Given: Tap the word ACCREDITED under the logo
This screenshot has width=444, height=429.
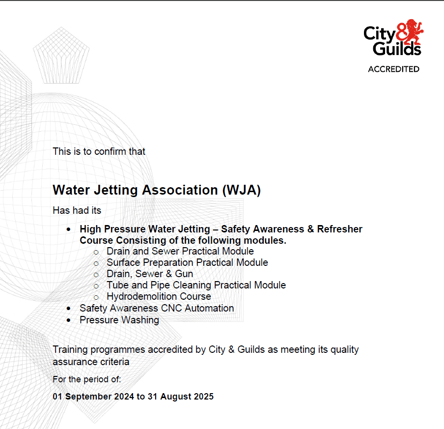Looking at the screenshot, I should [x=393, y=69].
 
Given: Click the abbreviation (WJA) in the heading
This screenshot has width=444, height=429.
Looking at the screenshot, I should [x=241, y=190].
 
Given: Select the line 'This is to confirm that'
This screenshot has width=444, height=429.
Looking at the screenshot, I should [x=99, y=151].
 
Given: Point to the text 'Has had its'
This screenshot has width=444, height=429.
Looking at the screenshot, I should [x=77, y=210].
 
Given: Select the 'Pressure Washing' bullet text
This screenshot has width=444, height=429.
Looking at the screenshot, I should [x=119, y=320].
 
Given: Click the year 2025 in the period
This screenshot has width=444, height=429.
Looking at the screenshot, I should [x=203, y=396].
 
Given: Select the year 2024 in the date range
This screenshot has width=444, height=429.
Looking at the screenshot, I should [x=123, y=396].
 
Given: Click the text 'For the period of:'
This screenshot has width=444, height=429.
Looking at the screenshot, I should [x=87, y=379].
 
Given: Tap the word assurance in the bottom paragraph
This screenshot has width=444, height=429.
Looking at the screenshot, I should [x=74, y=362].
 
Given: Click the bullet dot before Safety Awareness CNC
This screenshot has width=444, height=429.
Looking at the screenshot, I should [x=69, y=308].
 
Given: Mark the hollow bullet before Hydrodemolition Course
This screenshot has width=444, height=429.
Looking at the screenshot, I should [x=96, y=297].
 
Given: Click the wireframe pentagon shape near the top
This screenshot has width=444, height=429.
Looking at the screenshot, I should [x=61, y=55].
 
